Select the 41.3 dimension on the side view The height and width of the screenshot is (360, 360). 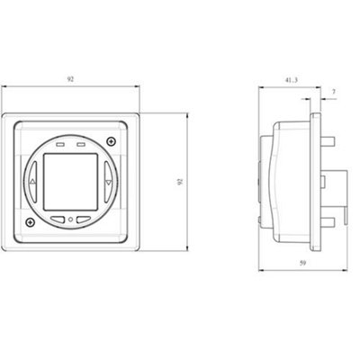(x=287, y=83)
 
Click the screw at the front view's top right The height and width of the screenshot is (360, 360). (x=111, y=141)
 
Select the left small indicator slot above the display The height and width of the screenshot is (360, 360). (x=59, y=142)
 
